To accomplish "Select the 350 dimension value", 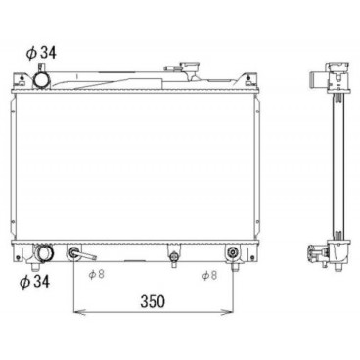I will pos(151,301).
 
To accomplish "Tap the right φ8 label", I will pos(207,276).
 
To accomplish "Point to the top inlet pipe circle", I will pos(45,78).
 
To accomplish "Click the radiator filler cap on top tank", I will pos(184,69).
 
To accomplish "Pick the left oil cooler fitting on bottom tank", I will pos(74,254).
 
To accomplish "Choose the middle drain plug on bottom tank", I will pos(174,257).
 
